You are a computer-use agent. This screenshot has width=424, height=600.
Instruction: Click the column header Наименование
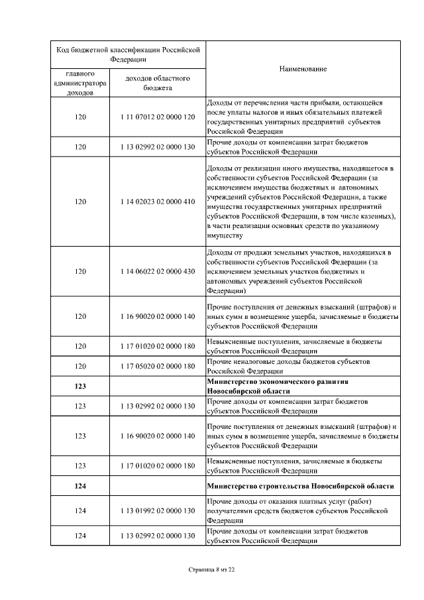pyautogui.click(x=303, y=69)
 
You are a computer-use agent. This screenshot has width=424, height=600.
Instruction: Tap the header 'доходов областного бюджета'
pyautogui.click(x=158, y=83)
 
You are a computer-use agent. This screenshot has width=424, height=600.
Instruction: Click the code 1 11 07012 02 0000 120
pyautogui.click(x=158, y=117)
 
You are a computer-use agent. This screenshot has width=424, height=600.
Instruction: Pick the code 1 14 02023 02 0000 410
pyautogui.click(x=158, y=202)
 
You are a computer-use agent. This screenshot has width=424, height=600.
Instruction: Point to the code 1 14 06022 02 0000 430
pyautogui.click(x=158, y=271)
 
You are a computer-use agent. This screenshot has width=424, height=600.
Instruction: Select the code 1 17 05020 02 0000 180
pyautogui.click(x=158, y=366)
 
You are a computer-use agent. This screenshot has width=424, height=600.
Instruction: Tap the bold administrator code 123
pyautogui.click(x=80, y=387)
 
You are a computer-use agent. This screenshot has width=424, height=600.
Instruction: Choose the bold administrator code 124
pyautogui.click(x=80, y=486)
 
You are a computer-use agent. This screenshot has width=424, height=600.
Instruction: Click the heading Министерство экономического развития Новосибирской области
pyautogui.click(x=277, y=387)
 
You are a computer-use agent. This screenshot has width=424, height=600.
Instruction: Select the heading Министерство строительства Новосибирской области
pyautogui.click(x=300, y=486)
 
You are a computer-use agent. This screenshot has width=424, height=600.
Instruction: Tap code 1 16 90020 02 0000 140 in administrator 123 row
pyautogui.click(x=158, y=436)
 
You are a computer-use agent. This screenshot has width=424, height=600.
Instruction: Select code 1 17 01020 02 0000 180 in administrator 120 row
pyautogui.click(x=158, y=345)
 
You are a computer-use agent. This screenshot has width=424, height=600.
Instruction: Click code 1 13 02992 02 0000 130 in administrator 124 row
pyautogui.click(x=158, y=535)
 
